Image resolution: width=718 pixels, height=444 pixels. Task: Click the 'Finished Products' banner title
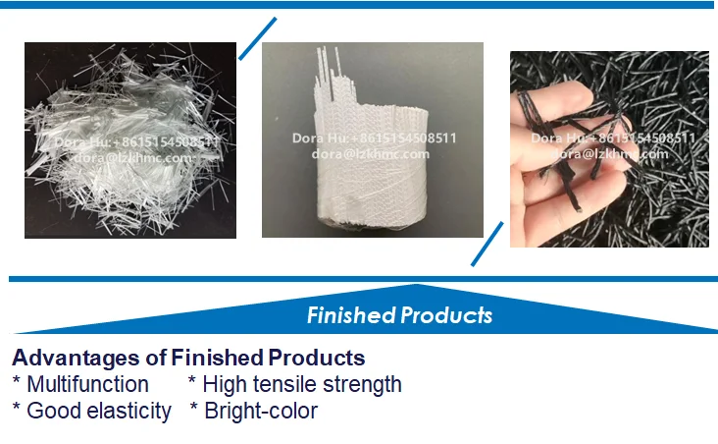tap(399, 315)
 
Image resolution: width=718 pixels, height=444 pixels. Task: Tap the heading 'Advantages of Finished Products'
tap(188, 358)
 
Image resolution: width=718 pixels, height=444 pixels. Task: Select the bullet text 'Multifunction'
tap(87, 384)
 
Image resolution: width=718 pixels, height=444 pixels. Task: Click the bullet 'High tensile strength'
tap(302, 384)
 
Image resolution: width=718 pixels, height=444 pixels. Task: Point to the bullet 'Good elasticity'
tap(98, 411)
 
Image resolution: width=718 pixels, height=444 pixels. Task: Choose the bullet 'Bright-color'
tap(260, 411)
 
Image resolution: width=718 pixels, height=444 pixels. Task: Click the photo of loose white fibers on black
tap(130, 139)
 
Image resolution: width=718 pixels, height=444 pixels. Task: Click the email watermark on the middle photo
tap(371, 153)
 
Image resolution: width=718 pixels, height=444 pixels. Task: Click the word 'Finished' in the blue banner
tap(351, 315)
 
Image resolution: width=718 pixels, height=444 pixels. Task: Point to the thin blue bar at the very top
tap(359, 5)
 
